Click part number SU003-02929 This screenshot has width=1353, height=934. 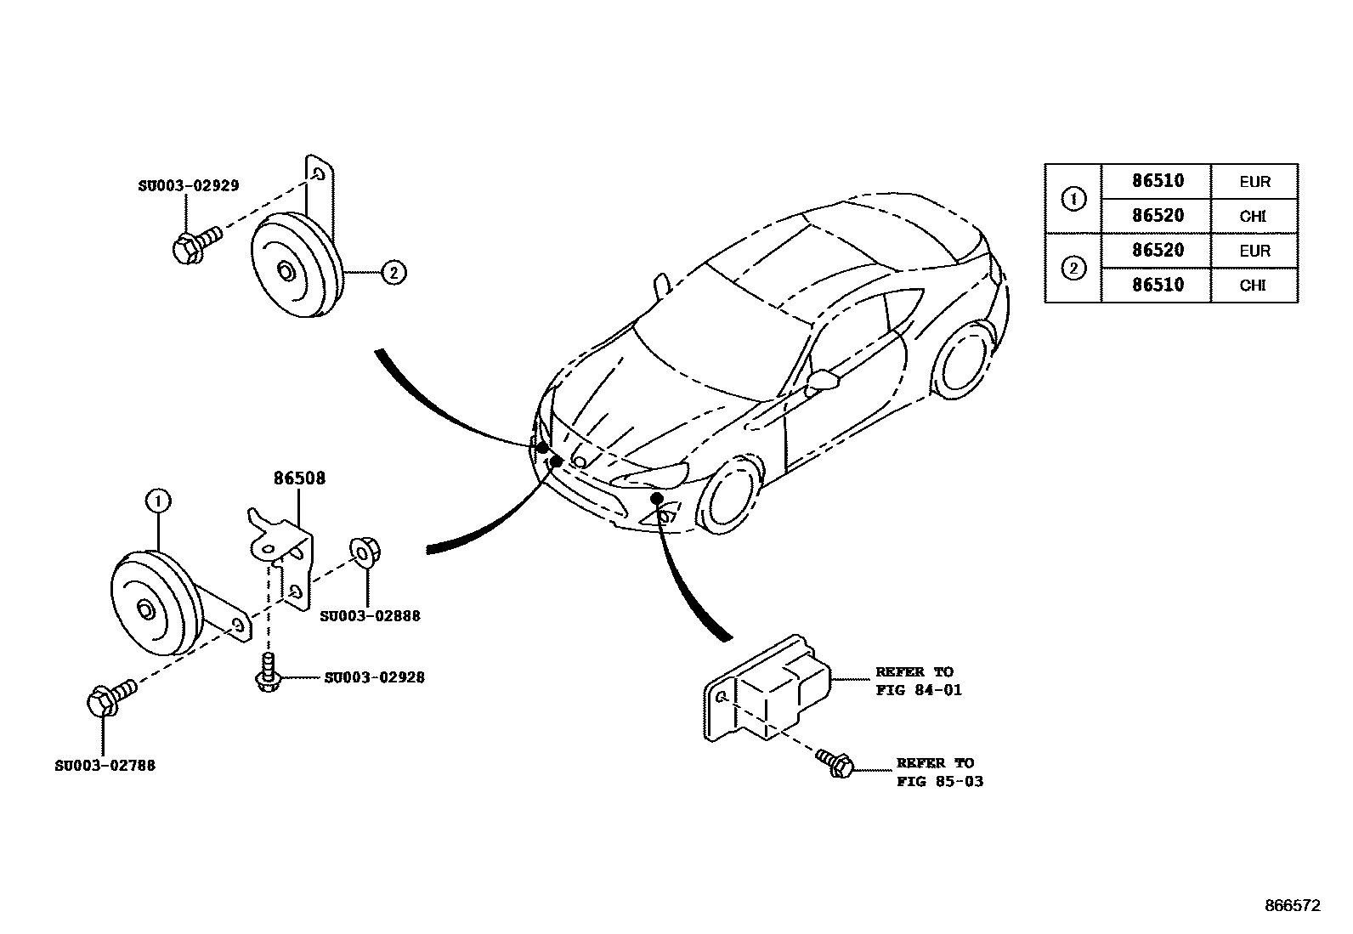pyautogui.click(x=188, y=185)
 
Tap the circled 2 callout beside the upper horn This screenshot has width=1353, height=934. pyautogui.click(x=393, y=272)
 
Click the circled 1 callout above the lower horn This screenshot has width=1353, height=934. pyautogui.click(x=158, y=501)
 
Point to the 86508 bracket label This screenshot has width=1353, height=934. pyautogui.click(x=299, y=478)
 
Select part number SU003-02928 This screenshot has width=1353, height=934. pyautogui.click(x=374, y=677)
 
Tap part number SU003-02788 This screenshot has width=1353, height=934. pyautogui.click(x=105, y=765)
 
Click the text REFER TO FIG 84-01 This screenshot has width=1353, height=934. pyautogui.click(x=918, y=681)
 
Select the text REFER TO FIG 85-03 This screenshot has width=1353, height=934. pyautogui.click(x=938, y=772)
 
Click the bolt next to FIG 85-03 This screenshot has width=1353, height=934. pyautogui.click(x=835, y=761)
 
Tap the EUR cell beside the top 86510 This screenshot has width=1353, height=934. pyautogui.click(x=1254, y=182)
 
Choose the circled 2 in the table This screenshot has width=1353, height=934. pyautogui.click(x=1073, y=269)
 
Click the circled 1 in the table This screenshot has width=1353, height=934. pyautogui.click(x=1073, y=200)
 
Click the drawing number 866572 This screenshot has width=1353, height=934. pyautogui.click(x=1291, y=906)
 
